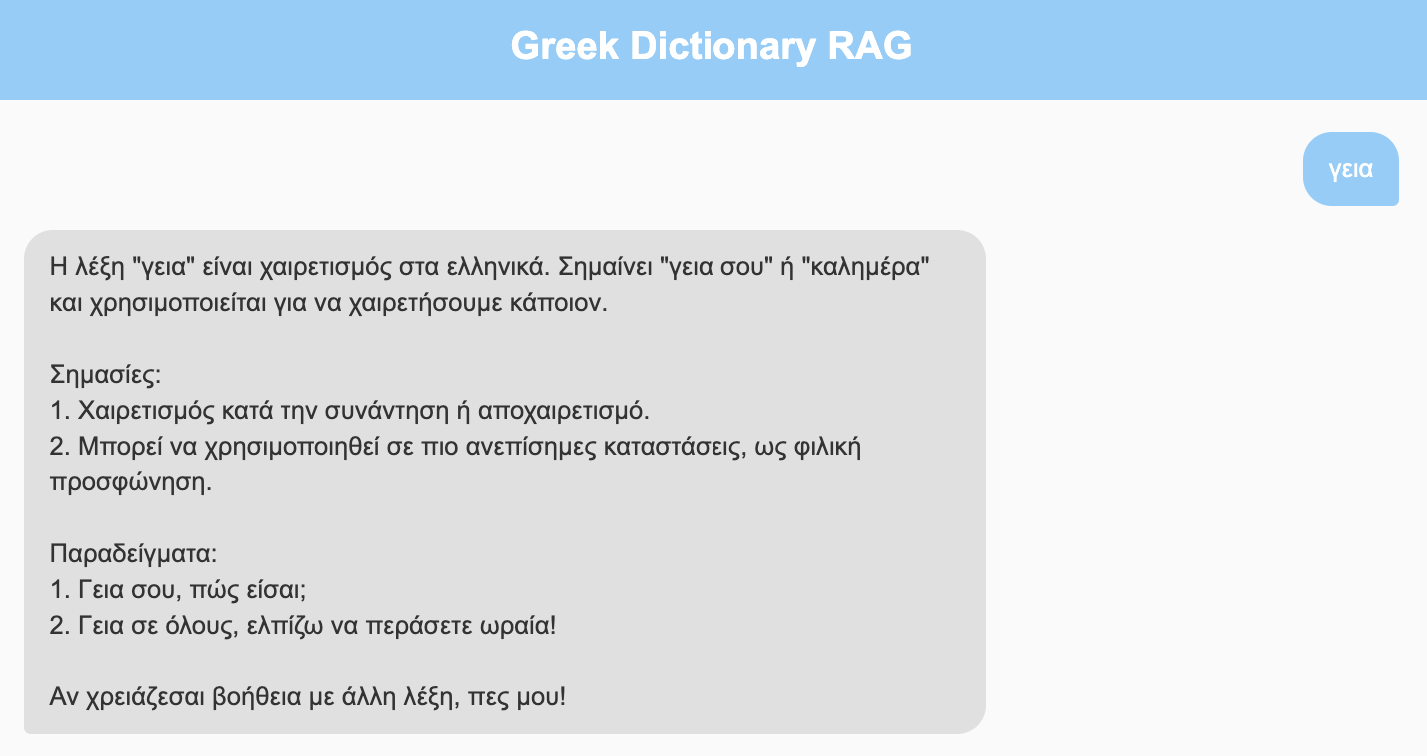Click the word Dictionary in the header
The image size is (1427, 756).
[x=722, y=47]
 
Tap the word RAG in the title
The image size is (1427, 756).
[x=869, y=46]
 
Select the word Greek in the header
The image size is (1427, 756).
[x=564, y=46]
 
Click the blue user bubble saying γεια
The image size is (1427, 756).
[x=1351, y=169]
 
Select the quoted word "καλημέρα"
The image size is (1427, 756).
[x=866, y=266]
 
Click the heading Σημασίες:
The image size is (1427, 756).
[x=105, y=375]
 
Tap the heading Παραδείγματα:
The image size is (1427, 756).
[x=133, y=553]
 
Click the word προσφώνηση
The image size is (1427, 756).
[x=131, y=483]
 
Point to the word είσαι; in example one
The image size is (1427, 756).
[x=277, y=590]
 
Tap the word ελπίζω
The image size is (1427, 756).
[x=285, y=625]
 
